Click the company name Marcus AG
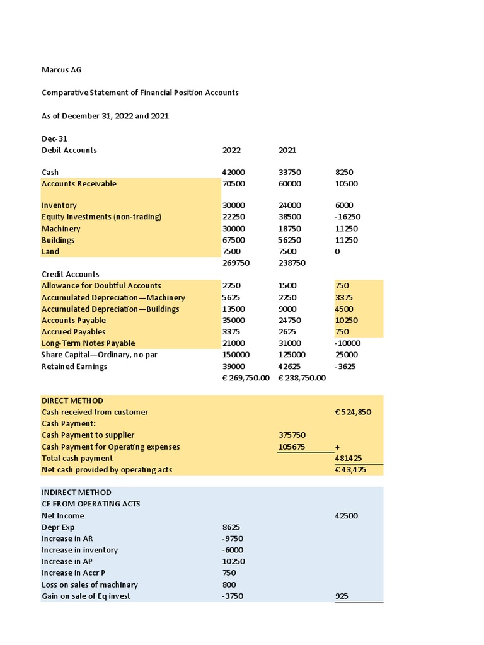61,70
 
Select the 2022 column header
231,151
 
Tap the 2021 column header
287,151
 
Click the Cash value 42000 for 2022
234,173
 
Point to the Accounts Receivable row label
79,184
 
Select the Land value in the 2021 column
287,251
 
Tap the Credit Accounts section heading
71,274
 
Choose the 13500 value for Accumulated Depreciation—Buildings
233,309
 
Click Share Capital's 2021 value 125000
292,355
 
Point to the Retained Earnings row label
74,367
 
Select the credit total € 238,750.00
302,378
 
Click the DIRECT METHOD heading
72,401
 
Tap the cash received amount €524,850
353,412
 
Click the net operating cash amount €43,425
350,470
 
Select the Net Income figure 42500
347,516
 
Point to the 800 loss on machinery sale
229,585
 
